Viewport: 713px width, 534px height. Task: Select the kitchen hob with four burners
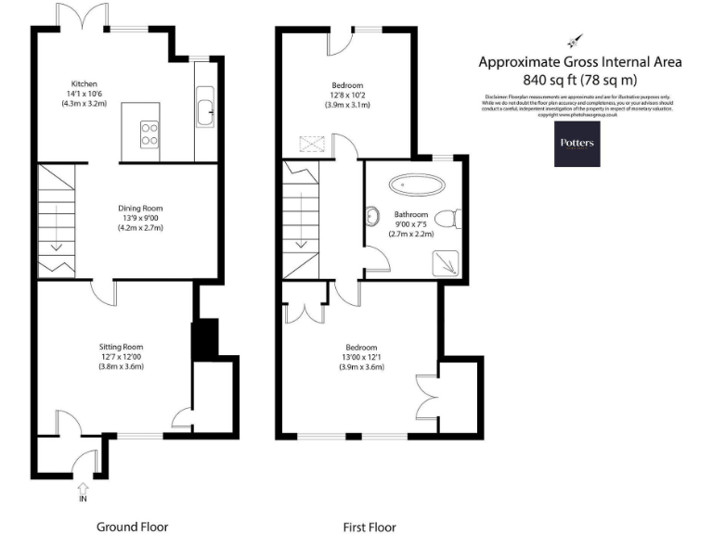click(149, 133)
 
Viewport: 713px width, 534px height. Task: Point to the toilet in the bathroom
click(448, 219)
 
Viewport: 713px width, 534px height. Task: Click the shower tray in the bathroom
click(446, 263)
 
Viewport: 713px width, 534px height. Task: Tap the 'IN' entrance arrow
click(84, 489)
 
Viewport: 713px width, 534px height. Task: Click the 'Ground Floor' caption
click(133, 527)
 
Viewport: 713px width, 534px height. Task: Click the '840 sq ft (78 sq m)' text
click(580, 80)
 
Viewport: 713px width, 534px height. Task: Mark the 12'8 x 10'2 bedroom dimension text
click(348, 95)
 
